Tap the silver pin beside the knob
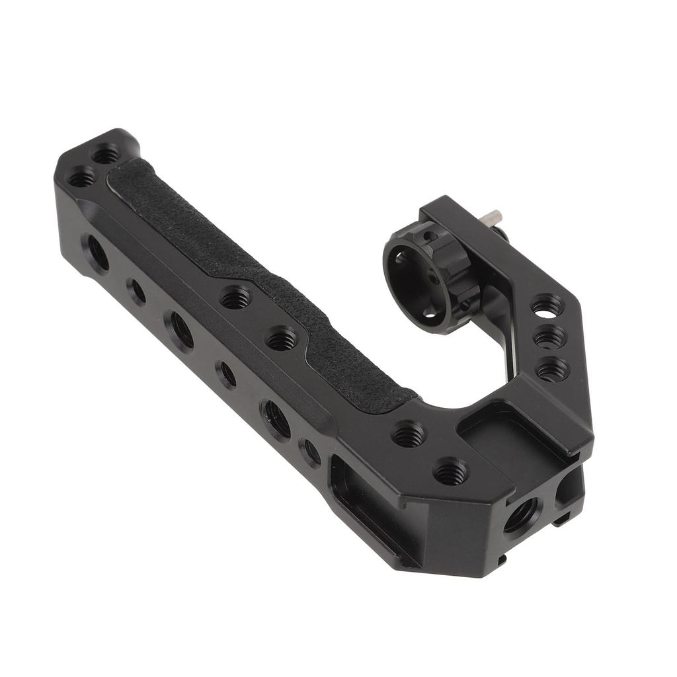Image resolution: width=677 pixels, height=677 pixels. coord(493,216)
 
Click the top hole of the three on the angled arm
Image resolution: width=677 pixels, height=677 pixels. coord(546,305)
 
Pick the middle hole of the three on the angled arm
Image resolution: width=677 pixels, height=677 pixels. coord(549,338)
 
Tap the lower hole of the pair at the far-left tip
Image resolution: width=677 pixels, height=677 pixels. coord(82,177)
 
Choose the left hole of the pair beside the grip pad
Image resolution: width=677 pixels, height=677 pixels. coord(235,299)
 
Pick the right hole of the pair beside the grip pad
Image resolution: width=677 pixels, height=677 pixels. coord(282,339)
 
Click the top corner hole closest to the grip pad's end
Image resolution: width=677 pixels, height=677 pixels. coord(409,434)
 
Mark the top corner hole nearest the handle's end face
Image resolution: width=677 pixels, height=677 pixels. coord(451,472)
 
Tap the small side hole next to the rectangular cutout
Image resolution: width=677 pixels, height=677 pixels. coord(309,452)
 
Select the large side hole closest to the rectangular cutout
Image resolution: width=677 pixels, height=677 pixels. coord(277,418)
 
